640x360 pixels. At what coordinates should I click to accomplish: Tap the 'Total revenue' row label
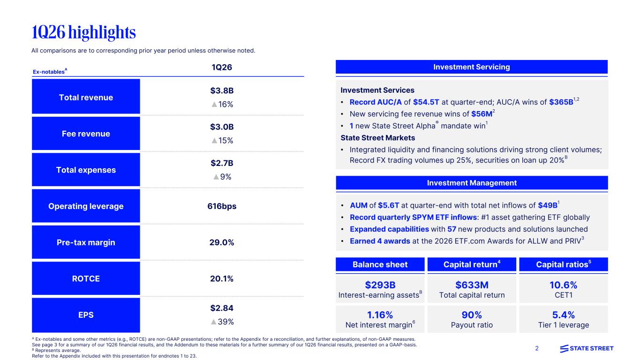tap(86, 97)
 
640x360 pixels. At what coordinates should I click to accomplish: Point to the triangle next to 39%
tap(213, 322)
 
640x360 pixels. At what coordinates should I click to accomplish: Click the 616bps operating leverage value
tap(222, 206)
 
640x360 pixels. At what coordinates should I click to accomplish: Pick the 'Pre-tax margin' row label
tap(86, 242)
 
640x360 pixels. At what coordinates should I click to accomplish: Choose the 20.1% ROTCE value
tap(222, 278)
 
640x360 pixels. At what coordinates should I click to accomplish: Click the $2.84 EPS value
tap(222, 308)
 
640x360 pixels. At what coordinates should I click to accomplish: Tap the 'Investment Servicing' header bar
tap(472, 67)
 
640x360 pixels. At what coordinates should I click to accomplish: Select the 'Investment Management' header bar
tap(472, 183)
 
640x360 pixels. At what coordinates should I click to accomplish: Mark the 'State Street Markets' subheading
tap(377, 138)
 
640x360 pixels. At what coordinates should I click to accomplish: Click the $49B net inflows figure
tap(547, 206)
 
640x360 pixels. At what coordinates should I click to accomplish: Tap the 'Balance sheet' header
tap(380, 264)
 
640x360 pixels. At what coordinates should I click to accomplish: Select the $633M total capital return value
tap(472, 285)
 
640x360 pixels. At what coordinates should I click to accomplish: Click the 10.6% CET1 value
tap(563, 285)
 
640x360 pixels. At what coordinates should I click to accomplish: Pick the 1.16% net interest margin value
tap(380, 315)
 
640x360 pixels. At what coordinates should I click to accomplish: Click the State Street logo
tap(587, 348)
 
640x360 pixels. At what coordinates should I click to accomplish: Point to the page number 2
tap(537, 348)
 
